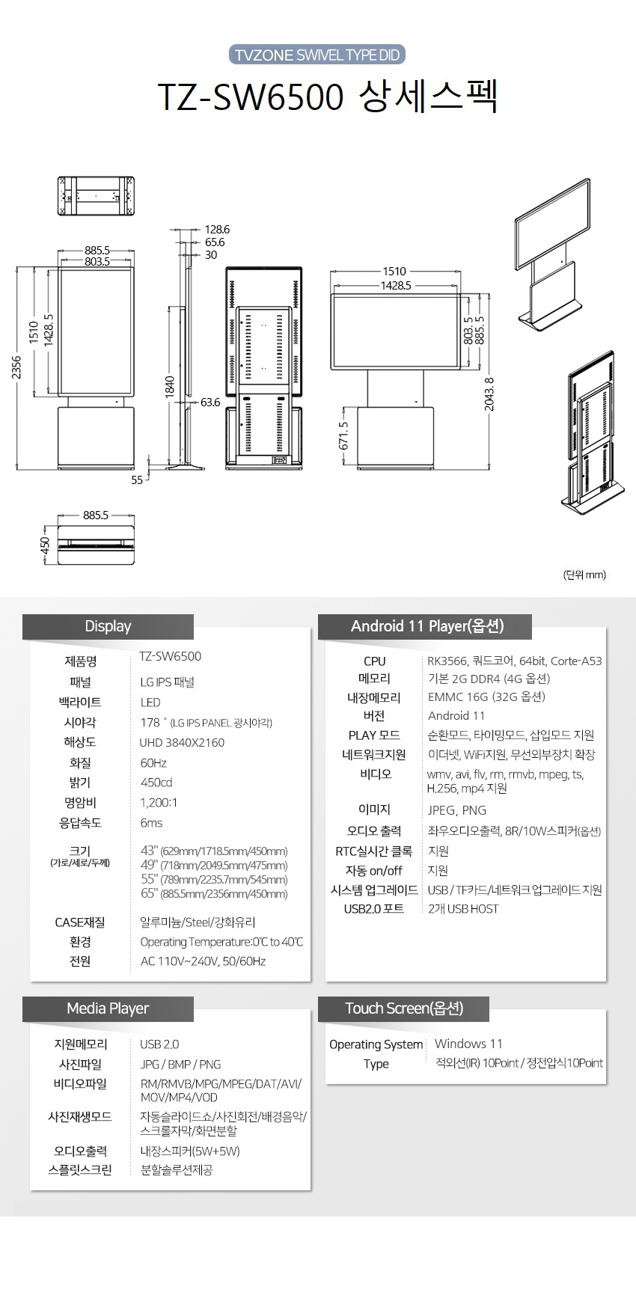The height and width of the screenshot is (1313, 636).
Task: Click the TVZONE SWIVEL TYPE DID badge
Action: point(317,55)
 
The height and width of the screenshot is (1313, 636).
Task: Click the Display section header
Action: point(108,627)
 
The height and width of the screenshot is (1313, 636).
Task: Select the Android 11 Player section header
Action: point(426,627)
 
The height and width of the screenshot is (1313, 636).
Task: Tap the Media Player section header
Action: point(108,1009)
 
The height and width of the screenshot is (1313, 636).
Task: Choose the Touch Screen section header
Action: point(404,1009)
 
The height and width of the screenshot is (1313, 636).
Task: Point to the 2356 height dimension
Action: point(16,367)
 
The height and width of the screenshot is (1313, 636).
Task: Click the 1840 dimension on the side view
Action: point(170,387)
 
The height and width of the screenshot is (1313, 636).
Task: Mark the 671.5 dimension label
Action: point(343,436)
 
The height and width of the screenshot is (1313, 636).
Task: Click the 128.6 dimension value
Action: point(217,230)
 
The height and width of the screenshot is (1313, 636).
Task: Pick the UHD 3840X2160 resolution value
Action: point(182,743)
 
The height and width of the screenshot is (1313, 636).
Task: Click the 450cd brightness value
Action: point(156,783)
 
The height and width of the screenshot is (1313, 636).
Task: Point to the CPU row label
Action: point(374,661)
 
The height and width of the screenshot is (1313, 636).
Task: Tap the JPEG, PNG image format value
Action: point(456,810)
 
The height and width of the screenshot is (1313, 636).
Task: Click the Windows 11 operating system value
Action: point(468,1044)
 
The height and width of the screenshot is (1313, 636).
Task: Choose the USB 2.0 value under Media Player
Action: point(159,1044)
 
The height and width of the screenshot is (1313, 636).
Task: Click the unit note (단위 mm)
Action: point(584,575)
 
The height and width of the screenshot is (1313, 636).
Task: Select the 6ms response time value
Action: point(151,823)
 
